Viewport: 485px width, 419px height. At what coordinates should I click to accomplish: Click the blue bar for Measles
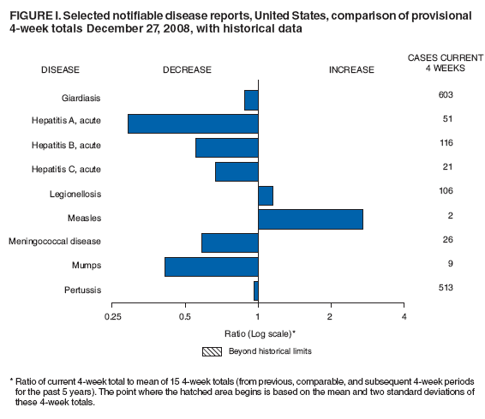(x=310, y=219)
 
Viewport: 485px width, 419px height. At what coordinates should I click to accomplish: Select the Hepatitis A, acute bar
(x=193, y=123)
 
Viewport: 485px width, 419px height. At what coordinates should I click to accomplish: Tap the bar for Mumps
(x=211, y=266)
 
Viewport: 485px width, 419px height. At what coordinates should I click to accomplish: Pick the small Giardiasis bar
(x=251, y=99)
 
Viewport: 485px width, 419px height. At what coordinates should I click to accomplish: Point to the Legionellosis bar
(x=266, y=195)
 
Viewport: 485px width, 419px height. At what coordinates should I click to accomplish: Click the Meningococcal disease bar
(x=230, y=242)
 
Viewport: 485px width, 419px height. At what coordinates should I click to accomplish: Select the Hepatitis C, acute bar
(x=237, y=171)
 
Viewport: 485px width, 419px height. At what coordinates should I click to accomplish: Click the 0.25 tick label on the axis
(x=112, y=317)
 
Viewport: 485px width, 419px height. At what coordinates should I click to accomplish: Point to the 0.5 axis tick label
(x=185, y=317)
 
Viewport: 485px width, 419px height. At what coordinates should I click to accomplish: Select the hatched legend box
(x=212, y=351)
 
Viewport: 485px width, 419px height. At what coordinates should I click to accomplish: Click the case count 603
(x=444, y=94)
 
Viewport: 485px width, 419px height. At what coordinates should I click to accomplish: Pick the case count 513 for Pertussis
(x=444, y=287)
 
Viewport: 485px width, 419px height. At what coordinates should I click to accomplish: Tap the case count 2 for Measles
(x=450, y=215)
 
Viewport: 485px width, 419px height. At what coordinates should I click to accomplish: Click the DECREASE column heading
(x=187, y=69)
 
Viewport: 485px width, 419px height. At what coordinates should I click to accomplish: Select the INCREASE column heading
(x=351, y=69)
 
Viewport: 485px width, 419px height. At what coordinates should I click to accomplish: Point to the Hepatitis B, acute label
(x=71, y=146)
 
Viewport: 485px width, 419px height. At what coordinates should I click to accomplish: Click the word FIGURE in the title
(x=30, y=16)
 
